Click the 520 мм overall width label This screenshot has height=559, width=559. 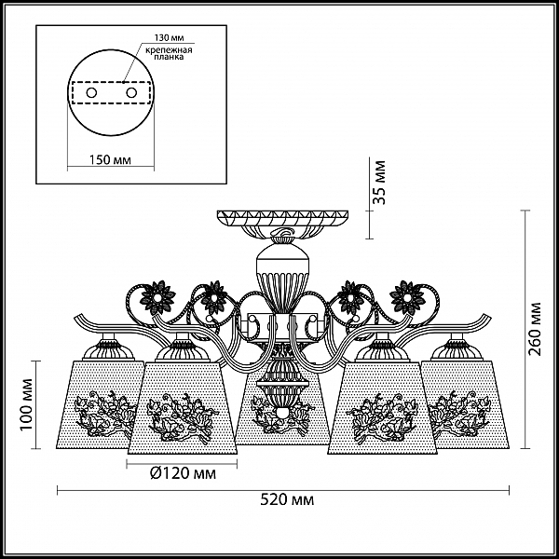pyautogui.click(x=287, y=499)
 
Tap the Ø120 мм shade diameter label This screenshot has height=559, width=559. pyautogui.click(x=183, y=473)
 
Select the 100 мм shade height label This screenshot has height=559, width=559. pyautogui.click(x=26, y=404)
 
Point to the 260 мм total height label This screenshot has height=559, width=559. pyautogui.click(x=535, y=329)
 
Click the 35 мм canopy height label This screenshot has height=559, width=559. pyautogui.click(x=379, y=183)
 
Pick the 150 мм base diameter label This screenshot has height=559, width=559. pyautogui.click(x=109, y=159)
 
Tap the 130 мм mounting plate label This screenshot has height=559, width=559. pyautogui.click(x=169, y=37)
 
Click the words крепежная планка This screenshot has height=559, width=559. pyautogui.click(x=169, y=53)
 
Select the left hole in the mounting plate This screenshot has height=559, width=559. pyautogui.click(x=91, y=93)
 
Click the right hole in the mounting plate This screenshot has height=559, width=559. pyautogui.click(x=131, y=93)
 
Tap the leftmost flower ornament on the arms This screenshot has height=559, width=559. pyautogui.click(x=158, y=296)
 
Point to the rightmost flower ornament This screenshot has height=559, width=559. pyautogui.click(x=407, y=296)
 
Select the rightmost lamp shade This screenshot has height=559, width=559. pyautogui.click(x=465, y=404)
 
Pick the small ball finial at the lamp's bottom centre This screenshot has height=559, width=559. pyautogui.click(x=282, y=413)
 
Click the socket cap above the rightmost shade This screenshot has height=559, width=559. pyautogui.click(x=457, y=348)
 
